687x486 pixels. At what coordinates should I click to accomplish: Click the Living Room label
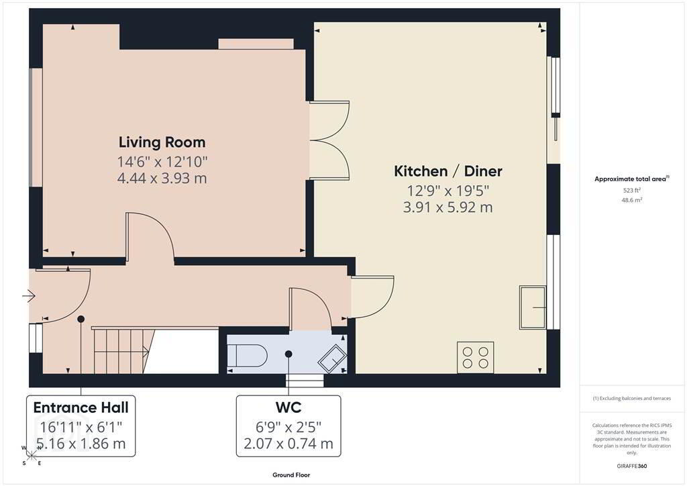(x=162, y=142)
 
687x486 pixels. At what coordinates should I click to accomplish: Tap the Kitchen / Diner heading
(x=448, y=171)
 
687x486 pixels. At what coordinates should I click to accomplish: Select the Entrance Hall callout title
(x=81, y=407)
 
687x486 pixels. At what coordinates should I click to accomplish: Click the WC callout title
(x=288, y=407)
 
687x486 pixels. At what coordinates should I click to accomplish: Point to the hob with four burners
(x=476, y=357)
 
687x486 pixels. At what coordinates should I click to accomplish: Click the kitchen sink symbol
(x=533, y=307)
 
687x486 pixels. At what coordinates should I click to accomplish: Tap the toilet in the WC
(x=248, y=354)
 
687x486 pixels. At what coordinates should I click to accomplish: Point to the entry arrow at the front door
(x=28, y=297)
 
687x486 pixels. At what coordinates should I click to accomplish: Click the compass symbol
(x=32, y=455)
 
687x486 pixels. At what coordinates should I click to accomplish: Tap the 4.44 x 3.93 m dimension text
(x=162, y=179)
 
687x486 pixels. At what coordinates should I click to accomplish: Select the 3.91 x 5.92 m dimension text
(x=447, y=207)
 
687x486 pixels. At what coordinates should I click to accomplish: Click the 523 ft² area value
(x=632, y=190)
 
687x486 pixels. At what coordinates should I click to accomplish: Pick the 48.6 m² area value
(x=632, y=200)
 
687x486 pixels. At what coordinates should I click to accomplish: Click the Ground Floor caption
(x=291, y=475)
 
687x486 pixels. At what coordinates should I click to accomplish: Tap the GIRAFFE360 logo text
(x=632, y=466)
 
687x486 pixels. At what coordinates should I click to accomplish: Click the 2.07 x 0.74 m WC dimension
(x=288, y=444)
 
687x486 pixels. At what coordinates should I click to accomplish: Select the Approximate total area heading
(x=632, y=179)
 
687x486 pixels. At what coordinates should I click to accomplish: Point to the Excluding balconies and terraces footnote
(x=632, y=398)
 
